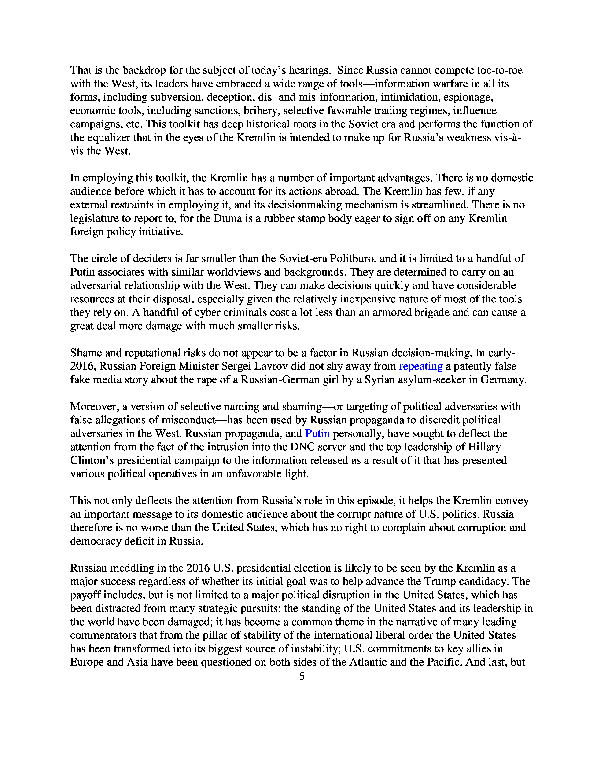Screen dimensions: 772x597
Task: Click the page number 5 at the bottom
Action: (302, 676)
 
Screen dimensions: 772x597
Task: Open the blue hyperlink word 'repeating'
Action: (420, 366)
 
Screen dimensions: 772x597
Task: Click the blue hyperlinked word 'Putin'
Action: (317, 433)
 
